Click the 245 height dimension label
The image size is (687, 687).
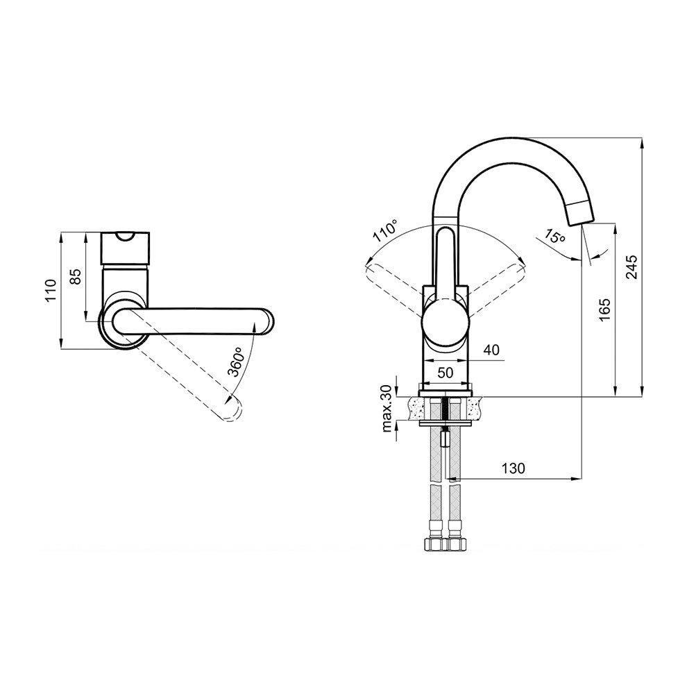pos(632,266)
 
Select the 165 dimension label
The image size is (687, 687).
pos(604,310)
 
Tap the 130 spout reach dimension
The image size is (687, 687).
pos(513,468)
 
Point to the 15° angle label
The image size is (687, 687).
pos(554,236)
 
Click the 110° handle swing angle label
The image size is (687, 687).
pos(386,231)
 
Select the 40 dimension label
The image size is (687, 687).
pos(491,350)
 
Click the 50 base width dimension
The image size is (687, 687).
pos(445,373)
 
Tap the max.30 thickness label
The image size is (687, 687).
pos(387,409)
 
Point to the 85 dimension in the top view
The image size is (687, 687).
pos(76,277)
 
